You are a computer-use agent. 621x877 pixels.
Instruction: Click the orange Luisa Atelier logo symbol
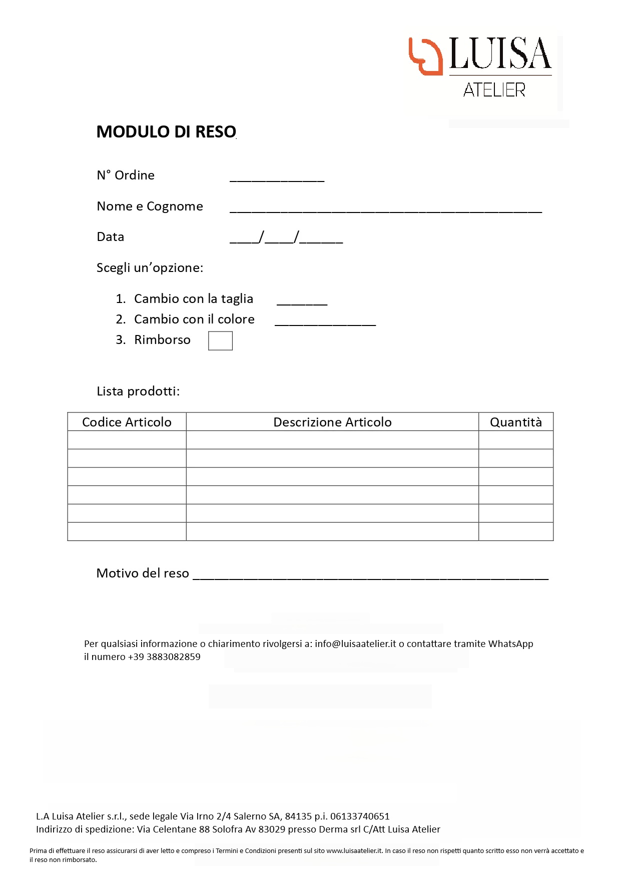coord(425,56)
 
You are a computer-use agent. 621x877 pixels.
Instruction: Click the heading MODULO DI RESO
coord(166,132)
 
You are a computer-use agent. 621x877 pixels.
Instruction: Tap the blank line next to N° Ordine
coord(277,177)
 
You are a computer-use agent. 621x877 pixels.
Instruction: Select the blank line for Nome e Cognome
coord(385,208)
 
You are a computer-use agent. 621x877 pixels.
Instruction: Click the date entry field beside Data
coord(286,238)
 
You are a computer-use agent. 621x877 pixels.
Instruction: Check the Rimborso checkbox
coord(220,341)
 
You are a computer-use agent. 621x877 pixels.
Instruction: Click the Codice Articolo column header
coord(127,422)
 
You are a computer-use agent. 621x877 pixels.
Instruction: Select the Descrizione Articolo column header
coord(332,422)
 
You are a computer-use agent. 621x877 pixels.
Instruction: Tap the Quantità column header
coord(516,422)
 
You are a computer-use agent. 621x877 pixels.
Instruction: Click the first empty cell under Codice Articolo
coord(127,440)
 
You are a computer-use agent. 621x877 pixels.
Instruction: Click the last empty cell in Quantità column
coord(516,531)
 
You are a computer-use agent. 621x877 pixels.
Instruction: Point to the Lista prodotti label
coord(138,391)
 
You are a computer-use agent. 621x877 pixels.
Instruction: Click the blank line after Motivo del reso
coord(370,575)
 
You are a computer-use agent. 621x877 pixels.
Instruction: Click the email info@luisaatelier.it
coord(355,644)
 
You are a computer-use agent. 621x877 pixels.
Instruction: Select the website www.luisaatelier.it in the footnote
coord(354,850)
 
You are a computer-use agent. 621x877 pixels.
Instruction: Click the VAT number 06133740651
coord(360,816)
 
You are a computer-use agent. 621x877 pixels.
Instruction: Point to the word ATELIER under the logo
coord(494,90)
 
